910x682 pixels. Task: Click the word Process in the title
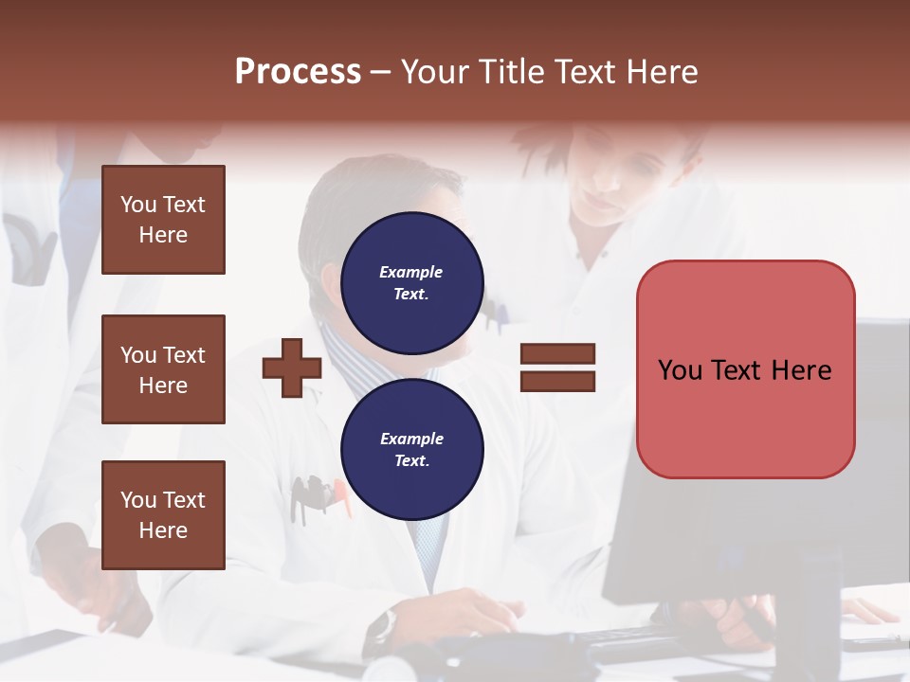298,72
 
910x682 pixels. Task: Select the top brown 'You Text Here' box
163,220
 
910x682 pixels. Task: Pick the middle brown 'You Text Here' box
163,369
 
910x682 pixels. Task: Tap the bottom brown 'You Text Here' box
163,514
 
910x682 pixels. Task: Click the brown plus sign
292,368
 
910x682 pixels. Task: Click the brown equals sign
557,368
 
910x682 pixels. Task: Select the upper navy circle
412,282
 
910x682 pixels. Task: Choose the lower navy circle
412,449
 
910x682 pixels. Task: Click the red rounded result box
745,368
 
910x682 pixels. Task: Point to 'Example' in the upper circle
410,272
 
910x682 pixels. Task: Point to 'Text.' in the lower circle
411,461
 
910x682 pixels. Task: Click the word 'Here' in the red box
802,369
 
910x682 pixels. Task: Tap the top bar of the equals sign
557,354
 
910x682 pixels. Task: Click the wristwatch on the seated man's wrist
383,626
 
